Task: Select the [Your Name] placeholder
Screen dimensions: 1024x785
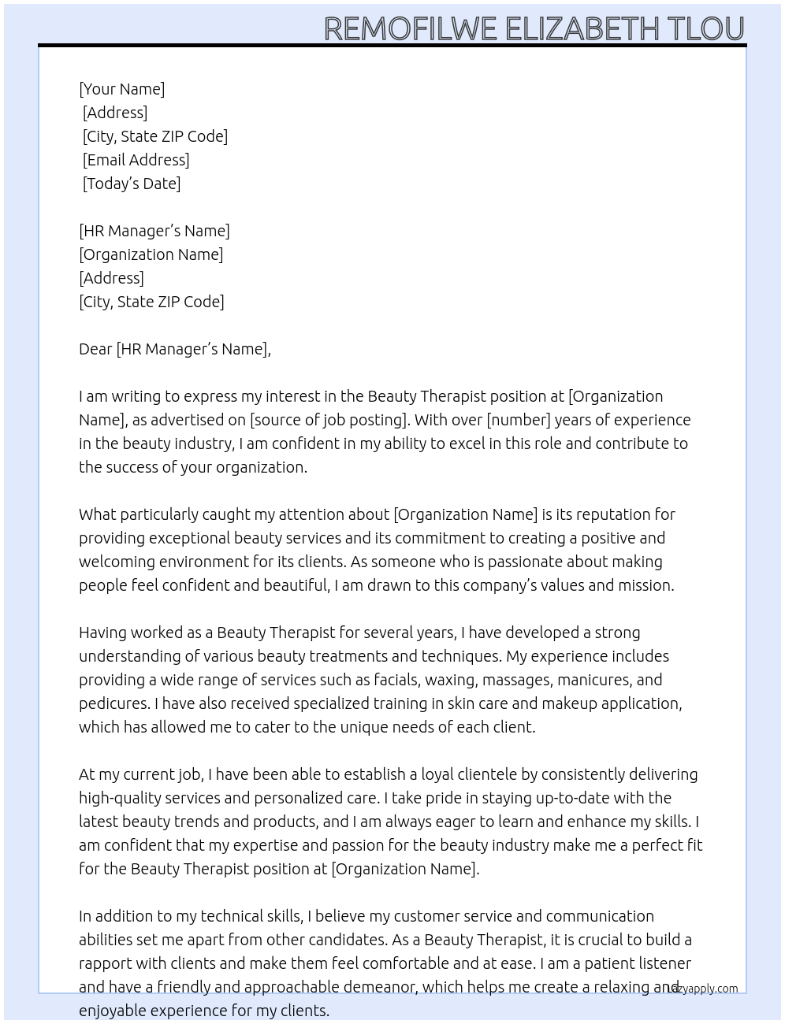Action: pos(122,89)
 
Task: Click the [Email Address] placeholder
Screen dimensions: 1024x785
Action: pos(136,160)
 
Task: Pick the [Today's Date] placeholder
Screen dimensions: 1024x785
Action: pos(132,184)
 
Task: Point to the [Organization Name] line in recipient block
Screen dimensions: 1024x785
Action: pos(151,254)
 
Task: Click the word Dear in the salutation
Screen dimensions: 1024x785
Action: pos(95,349)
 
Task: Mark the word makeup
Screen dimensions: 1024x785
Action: pos(573,703)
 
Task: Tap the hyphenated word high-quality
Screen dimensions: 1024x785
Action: pos(121,798)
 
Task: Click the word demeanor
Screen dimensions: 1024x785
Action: pos(367,987)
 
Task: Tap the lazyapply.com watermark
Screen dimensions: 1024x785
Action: pos(703,989)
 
